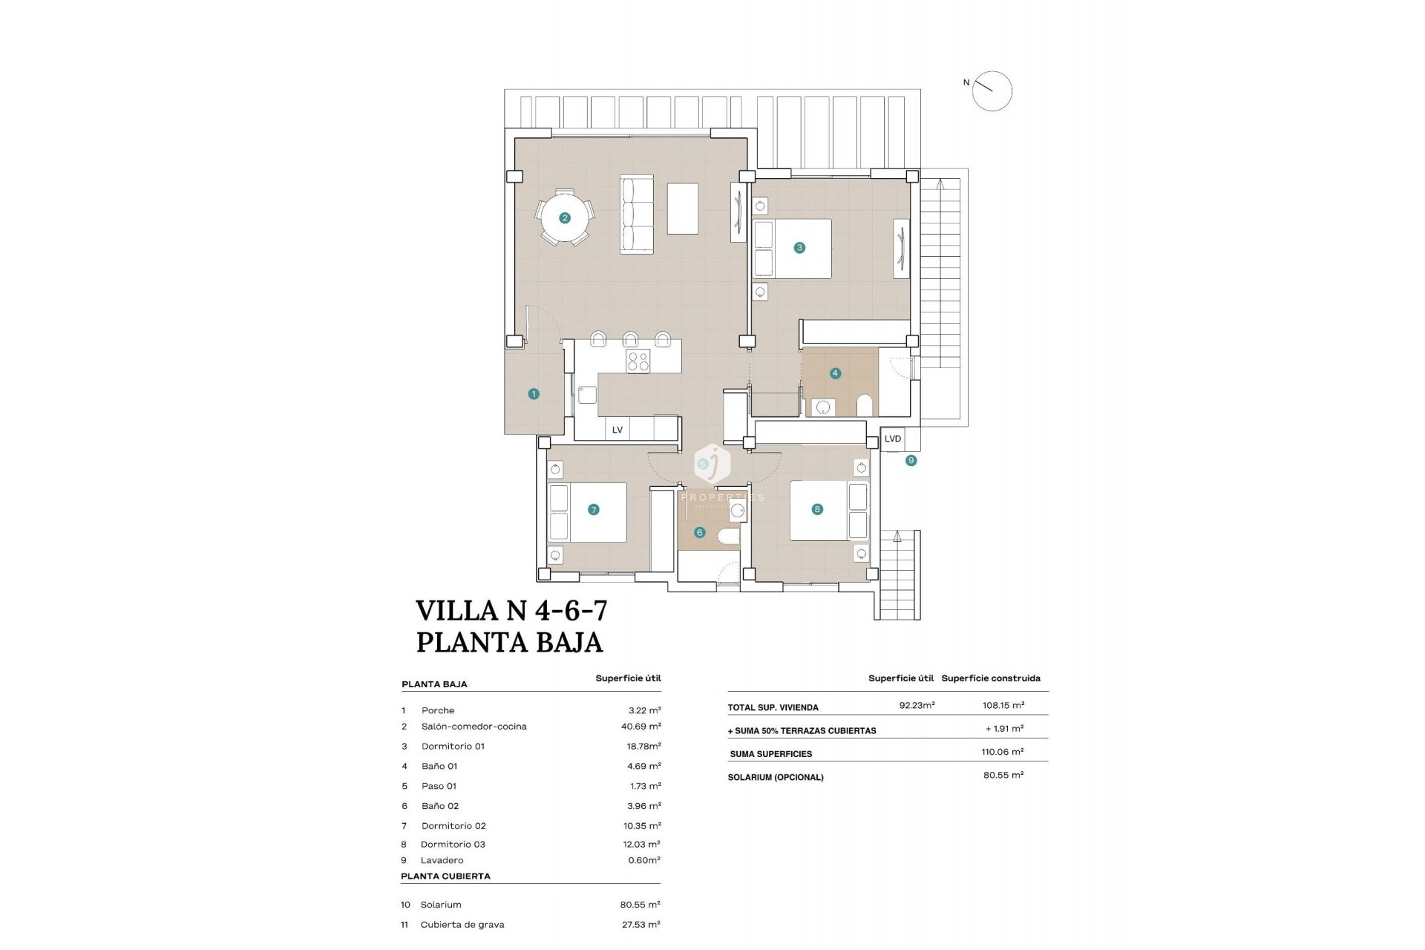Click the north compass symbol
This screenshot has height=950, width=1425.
tap(992, 91)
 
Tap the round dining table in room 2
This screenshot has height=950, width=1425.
tap(565, 218)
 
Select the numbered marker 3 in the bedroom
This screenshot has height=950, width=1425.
tap(799, 248)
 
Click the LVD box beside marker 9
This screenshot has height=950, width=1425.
tap(893, 439)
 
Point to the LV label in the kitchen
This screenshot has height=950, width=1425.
tap(617, 430)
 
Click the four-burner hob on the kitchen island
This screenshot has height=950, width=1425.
tap(638, 361)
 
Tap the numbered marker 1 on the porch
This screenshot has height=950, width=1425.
tap(534, 394)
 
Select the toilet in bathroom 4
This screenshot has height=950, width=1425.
tap(865, 405)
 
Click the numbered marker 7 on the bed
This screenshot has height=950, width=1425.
tap(593, 510)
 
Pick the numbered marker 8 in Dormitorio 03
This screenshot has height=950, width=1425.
tap(817, 509)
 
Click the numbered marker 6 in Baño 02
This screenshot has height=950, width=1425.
tap(699, 532)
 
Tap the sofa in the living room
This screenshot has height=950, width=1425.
tap(637, 215)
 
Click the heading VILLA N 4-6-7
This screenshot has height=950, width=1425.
tap(511, 610)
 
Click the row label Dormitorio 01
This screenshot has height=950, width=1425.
tap(453, 747)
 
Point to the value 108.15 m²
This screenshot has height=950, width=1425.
tap(1002, 706)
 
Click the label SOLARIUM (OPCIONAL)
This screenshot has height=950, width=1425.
tap(776, 778)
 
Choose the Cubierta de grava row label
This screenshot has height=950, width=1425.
tap(462, 925)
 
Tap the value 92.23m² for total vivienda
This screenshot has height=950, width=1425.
tap(917, 706)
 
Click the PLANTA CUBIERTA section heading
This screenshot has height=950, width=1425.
tap(445, 877)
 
